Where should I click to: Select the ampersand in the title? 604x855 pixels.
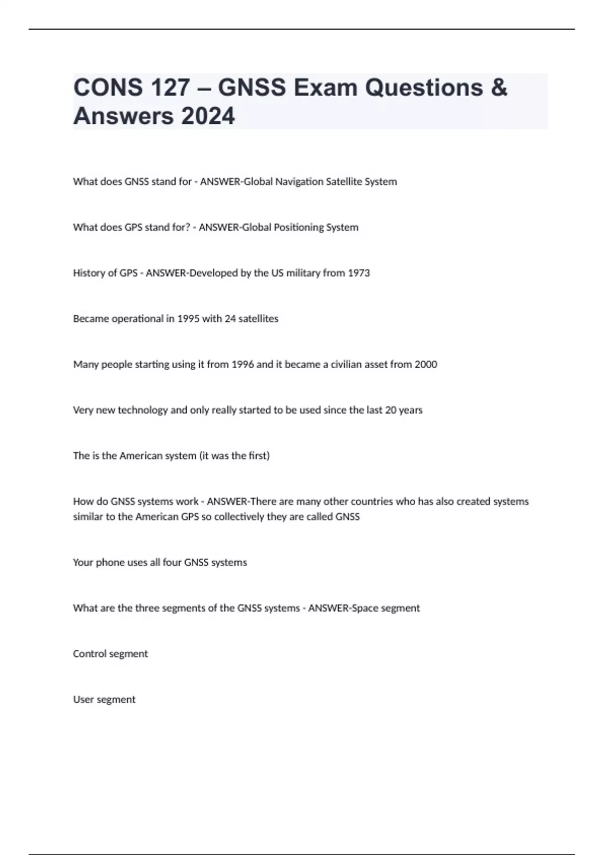498,88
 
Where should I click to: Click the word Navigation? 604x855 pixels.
299,182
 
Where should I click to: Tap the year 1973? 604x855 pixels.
359,273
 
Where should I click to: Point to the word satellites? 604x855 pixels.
259,319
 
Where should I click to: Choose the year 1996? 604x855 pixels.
243,364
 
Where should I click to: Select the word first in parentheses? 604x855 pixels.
257,456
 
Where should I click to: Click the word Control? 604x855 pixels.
90,654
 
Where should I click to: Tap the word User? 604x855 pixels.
83,700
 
